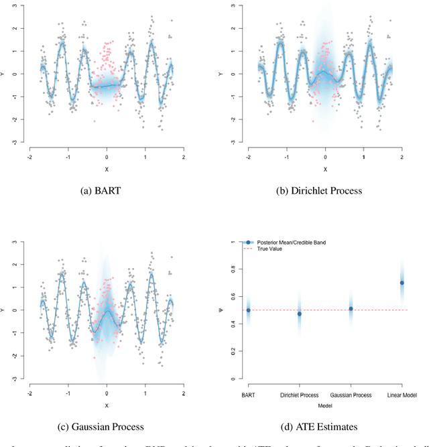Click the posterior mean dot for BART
(248, 310)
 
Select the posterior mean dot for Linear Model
(402, 283)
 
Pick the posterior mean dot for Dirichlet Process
(299, 314)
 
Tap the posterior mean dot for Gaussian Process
(351, 309)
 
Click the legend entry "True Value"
(269, 249)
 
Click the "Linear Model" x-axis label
(402, 395)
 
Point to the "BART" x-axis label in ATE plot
(248, 395)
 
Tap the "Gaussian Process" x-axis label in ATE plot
(351, 395)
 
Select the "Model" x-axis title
(325, 403)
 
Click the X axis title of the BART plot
(107, 170)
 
